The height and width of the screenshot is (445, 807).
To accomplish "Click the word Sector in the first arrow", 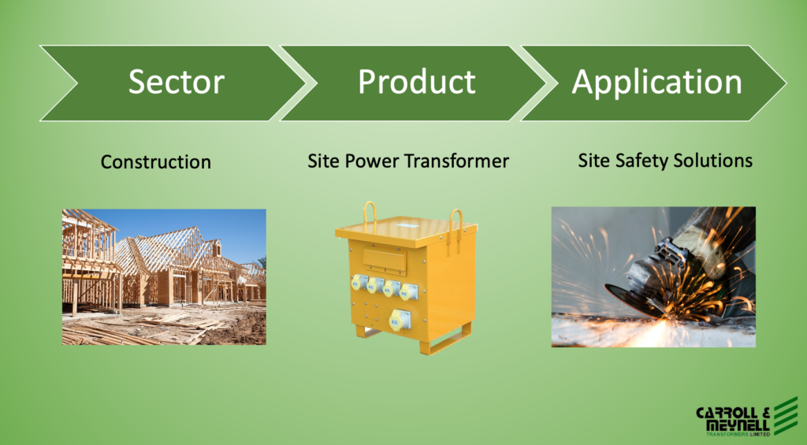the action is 177,82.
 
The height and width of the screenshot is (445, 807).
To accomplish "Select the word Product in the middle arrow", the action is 417,82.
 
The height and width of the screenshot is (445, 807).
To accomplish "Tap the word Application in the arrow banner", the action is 656,83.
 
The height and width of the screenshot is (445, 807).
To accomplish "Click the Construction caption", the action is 156,162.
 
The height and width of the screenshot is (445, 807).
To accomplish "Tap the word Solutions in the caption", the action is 709,161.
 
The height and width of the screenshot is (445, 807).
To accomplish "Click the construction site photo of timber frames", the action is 164,276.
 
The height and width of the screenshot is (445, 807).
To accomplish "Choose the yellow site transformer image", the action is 406,278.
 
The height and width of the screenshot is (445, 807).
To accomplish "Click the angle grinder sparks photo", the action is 653,276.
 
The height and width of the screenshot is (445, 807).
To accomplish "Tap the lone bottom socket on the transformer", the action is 400,320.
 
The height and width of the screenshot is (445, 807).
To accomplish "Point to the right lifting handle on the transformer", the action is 456,224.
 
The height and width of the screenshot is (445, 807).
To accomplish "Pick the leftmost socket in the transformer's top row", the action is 359,282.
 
